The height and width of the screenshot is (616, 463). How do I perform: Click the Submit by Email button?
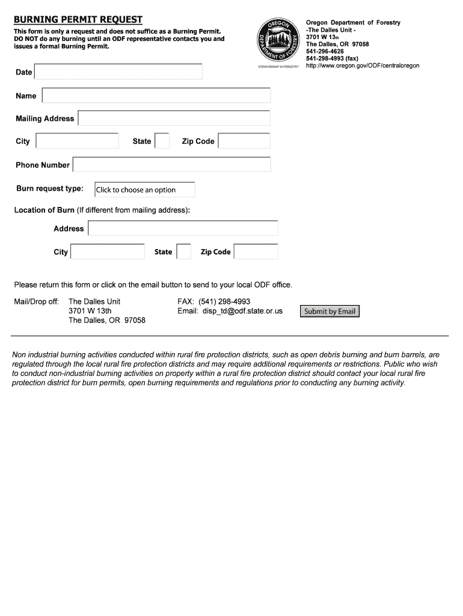330,312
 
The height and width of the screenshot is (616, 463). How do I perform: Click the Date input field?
118,72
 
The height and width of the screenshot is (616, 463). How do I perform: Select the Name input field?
156,96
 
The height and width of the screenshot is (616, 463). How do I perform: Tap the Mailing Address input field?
174,119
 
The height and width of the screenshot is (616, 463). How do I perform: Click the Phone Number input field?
171,165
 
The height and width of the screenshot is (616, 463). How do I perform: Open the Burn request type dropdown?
145,189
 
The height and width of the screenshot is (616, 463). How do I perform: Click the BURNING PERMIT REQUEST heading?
78,20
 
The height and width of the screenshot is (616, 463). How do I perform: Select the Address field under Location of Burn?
183,229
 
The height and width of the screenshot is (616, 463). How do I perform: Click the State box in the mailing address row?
162,141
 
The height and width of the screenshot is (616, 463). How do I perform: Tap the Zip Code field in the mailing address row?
244,141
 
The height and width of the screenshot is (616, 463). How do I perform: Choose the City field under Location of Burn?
108,251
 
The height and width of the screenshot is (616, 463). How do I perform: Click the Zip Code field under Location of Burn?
256,251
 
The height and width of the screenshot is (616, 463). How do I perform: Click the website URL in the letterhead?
363,66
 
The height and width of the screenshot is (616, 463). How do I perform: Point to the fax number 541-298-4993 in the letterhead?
332,58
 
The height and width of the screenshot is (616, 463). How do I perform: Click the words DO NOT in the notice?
26,38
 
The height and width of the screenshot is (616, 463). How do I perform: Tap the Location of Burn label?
44,210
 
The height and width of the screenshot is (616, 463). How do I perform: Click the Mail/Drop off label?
36,301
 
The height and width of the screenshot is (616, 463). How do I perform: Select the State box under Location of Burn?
183,251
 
